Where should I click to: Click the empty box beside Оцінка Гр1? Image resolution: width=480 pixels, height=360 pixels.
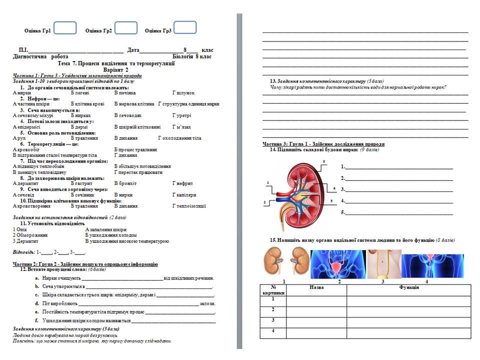[65, 28]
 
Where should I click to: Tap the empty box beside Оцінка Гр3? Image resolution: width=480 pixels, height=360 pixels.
[184, 28]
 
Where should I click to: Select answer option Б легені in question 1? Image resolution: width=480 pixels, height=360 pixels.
[80, 93]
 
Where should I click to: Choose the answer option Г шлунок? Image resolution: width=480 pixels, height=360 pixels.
[183, 93]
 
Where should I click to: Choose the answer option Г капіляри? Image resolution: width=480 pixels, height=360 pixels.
[184, 195]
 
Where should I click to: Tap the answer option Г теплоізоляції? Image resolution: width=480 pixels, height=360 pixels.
[189, 206]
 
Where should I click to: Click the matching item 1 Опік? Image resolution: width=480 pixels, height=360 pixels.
[19, 229]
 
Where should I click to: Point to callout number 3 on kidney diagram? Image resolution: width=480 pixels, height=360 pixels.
[323, 161]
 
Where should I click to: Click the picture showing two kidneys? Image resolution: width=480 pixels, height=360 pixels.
[284, 262]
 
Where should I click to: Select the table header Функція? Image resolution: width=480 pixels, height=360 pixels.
[409, 287]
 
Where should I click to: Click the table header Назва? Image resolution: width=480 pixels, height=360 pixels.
[316, 287]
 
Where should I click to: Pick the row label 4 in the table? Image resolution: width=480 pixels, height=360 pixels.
[273, 331]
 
